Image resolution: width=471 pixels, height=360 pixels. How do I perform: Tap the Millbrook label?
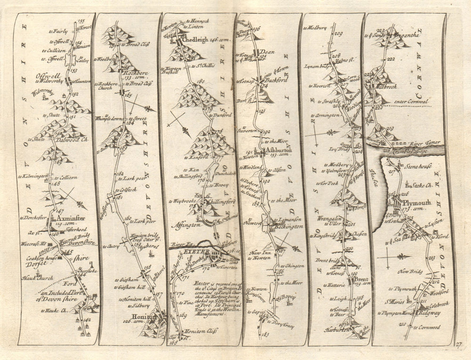[x=385, y=87]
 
